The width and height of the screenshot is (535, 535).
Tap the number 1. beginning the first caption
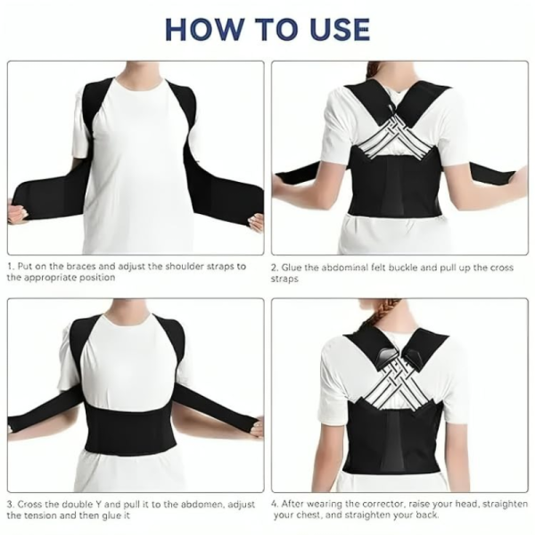tap(11, 266)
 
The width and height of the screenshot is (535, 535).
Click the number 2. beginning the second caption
tap(276, 266)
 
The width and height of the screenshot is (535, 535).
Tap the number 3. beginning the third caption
tap(11, 504)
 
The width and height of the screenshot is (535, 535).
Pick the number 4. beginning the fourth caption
tap(276, 504)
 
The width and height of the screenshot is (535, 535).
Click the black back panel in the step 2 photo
tap(398, 192)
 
